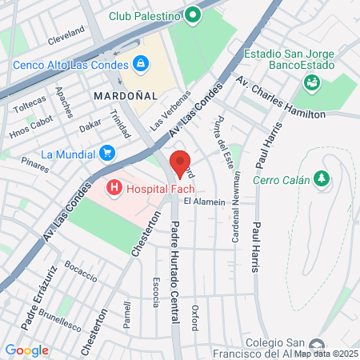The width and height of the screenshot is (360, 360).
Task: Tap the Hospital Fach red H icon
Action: click(x=114, y=189)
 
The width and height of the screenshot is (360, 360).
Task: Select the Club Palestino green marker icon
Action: click(x=192, y=14)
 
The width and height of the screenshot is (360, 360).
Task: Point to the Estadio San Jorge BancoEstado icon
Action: click(x=311, y=82)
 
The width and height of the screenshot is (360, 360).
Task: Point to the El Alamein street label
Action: click(x=205, y=202)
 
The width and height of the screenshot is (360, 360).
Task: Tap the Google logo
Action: click(x=26, y=350)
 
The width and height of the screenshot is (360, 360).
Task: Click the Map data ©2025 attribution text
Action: click(x=326, y=354)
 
